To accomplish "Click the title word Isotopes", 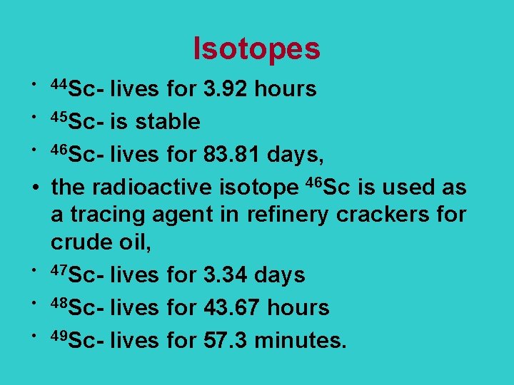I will pos(257,48).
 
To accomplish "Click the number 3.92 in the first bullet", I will pos(225,89).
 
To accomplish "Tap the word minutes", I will pos(300,341).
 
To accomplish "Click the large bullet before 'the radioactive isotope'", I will pos(35,188).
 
